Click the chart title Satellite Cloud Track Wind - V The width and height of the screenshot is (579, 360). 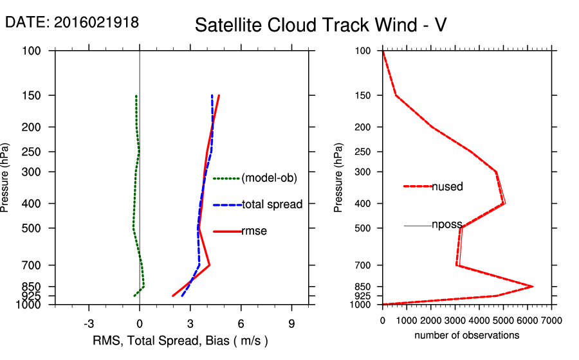[x=320, y=25]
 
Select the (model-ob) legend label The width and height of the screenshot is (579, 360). [x=269, y=178]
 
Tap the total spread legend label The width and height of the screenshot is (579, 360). [x=272, y=204]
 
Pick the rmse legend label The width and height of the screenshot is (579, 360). [x=254, y=231]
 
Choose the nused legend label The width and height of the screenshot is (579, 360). [x=448, y=186]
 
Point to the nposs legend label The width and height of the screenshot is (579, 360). [x=448, y=226]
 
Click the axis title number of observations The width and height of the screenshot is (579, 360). [x=467, y=336]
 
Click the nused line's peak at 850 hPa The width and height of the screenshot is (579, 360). [x=533, y=287]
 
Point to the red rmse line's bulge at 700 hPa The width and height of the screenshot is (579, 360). [x=210, y=265]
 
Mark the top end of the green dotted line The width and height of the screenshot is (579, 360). [x=136, y=96]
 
